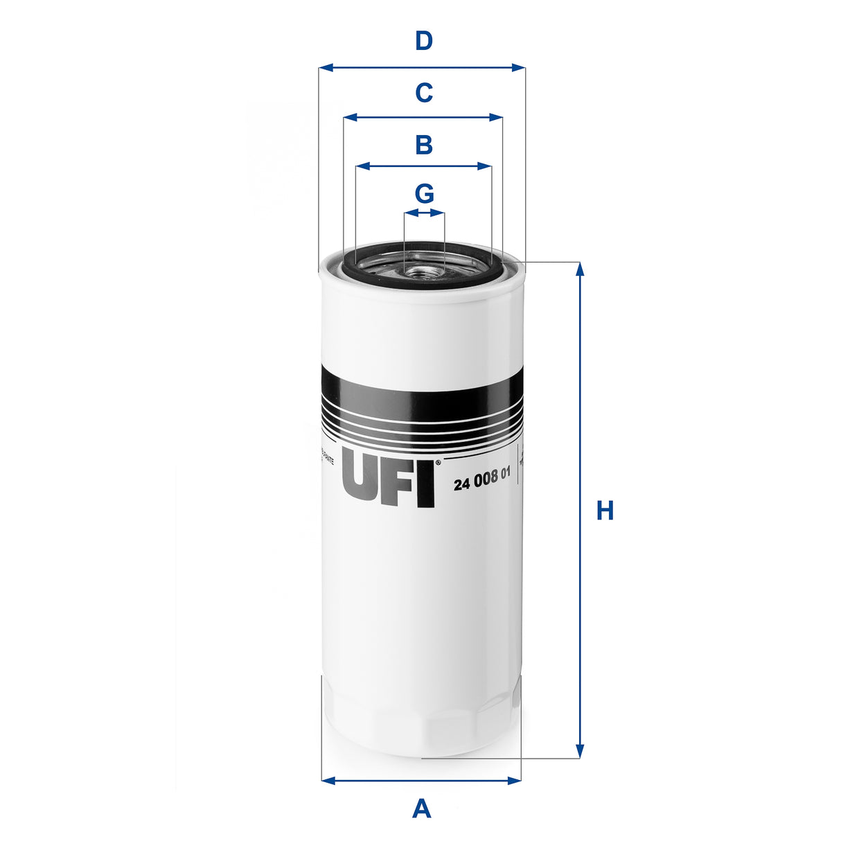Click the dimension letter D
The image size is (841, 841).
click(x=423, y=42)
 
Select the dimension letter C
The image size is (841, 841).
click(x=423, y=93)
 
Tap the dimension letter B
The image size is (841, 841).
click(x=423, y=145)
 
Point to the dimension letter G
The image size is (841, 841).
click(x=424, y=193)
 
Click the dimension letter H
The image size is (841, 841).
click(x=605, y=511)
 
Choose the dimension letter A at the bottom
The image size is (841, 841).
click(x=421, y=808)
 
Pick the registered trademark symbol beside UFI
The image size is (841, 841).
click(x=437, y=463)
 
